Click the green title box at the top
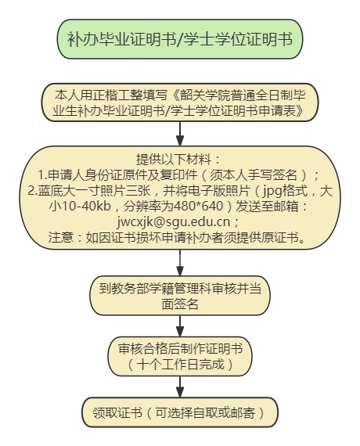tap(180, 39)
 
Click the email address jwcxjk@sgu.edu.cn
tap(174, 222)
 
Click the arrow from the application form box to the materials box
tap(180, 134)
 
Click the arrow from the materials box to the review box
tap(180, 263)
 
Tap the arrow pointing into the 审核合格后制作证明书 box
tap(180, 326)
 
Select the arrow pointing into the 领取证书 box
tap(180, 387)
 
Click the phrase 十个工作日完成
tap(180, 365)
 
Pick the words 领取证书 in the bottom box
tap(117, 412)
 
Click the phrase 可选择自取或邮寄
tap(205, 412)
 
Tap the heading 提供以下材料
tap(173, 160)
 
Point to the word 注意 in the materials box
tap(60, 237)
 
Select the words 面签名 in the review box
tap(180, 304)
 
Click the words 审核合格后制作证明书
tap(180, 349)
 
